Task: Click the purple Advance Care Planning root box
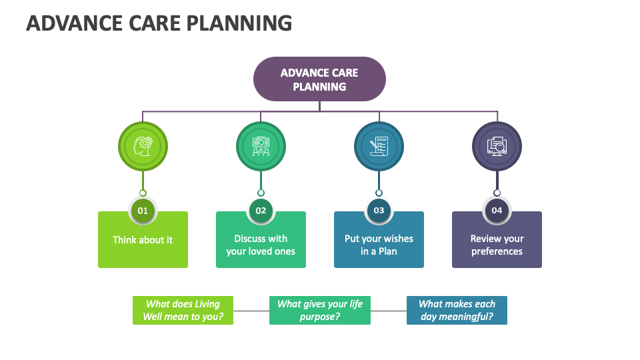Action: [319, 79]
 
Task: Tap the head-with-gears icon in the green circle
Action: [143, 147]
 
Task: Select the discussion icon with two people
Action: [261, 147]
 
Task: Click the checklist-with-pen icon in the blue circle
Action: [379, 147]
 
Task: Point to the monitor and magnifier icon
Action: [497, 147]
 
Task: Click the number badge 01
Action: [143, 211]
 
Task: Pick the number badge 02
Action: [261, 211]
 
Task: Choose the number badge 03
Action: [379, 211]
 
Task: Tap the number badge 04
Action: [497, 211]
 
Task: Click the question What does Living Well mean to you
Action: [183, 310]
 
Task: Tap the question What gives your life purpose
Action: [320, 310]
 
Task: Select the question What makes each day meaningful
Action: [457, 310]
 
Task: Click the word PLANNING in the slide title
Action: [239, 23]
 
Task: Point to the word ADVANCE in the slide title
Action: [75, 23]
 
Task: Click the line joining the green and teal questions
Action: [251, 311]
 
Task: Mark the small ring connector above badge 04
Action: [497, 193]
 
